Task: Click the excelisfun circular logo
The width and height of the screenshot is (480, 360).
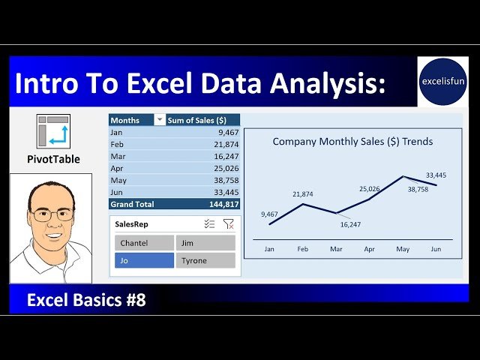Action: (x=442, y=81)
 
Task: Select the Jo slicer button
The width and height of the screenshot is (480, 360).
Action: (x=143, y=260)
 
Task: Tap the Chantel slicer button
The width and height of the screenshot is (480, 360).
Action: (x=143, y=243)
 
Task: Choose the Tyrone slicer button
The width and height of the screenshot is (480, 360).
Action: (x=205, y=260)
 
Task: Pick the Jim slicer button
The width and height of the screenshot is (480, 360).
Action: (x=205, y=243)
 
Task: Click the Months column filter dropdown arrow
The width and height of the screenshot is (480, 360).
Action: (x=159, y=120)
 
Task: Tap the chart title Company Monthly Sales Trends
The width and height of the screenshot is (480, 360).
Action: (x=352, y=141)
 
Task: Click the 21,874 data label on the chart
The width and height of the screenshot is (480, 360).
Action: (x=303, y=194)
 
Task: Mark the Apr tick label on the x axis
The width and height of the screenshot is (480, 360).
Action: (x=369, y=248)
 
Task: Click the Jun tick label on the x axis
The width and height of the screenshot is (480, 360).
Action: (x=436, y=248)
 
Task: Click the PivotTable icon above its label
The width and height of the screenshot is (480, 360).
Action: (x=53, y=131)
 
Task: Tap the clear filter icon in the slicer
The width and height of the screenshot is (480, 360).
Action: (x=229, y=224)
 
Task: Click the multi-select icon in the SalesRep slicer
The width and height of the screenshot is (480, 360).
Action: (x=210, y=224)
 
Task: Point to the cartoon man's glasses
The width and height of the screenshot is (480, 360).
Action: (x=52, y=214)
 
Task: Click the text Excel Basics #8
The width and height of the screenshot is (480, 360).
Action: (x=86, y=301)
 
